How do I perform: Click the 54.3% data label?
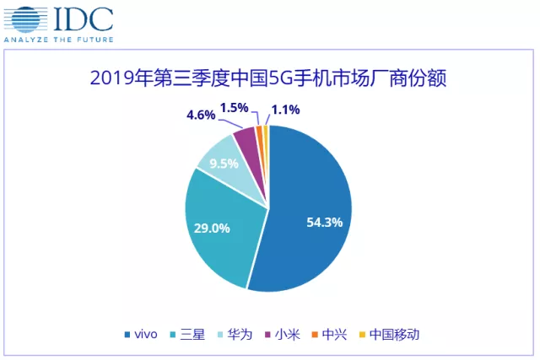tap(324, 223)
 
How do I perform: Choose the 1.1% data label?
tap(284, 108)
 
